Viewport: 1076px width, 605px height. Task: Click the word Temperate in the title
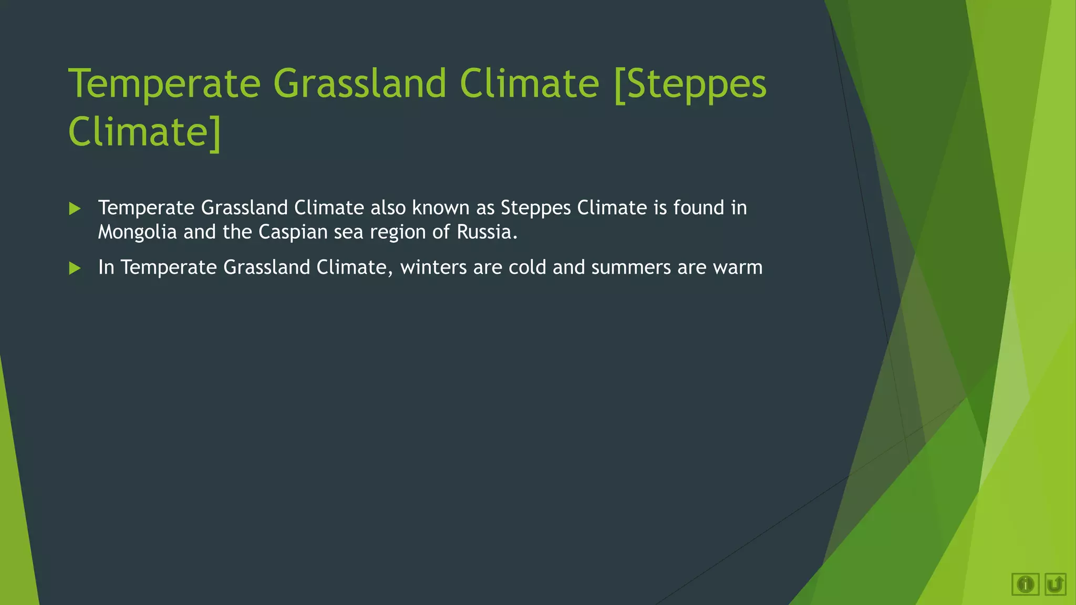pos(164,84)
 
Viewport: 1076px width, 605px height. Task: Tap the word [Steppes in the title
pos(689,84)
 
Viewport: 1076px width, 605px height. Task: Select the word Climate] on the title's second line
pos(144,132)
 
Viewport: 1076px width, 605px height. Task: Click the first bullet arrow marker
pos(75,209)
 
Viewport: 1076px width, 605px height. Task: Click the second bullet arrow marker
pos(75,268)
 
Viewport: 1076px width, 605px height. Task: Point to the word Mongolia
pos(137,232)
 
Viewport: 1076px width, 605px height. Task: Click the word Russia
pos(487,232)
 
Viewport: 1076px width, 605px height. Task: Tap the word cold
pos(527,268)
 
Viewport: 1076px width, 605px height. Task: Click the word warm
pos(738,268)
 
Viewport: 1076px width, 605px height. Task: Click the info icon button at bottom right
pos(1025,584)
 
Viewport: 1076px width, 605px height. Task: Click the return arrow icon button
pos(1055,584)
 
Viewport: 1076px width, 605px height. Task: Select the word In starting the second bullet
pos(106,268)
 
